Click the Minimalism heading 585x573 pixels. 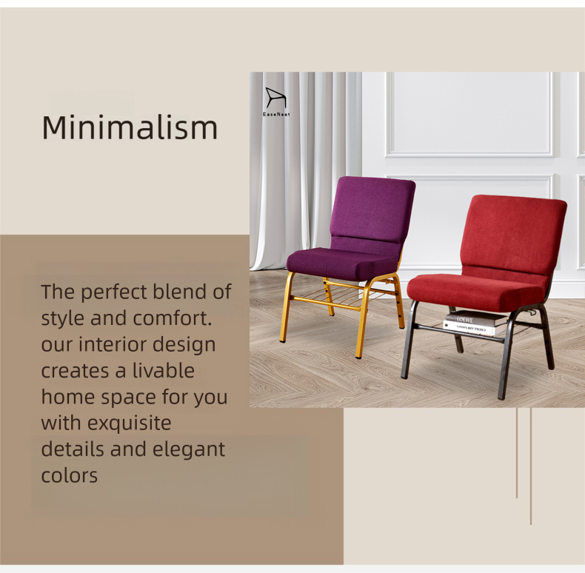[130, 127]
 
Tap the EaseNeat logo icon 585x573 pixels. [276, 98]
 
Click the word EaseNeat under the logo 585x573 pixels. [276, 114]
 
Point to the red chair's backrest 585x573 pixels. [515, 235]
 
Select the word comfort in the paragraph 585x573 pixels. [173, 318]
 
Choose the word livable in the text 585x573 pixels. [164, 371]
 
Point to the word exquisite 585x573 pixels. [129, 423]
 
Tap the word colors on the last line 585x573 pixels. [70, 475]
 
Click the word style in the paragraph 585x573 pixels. [63, 319]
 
